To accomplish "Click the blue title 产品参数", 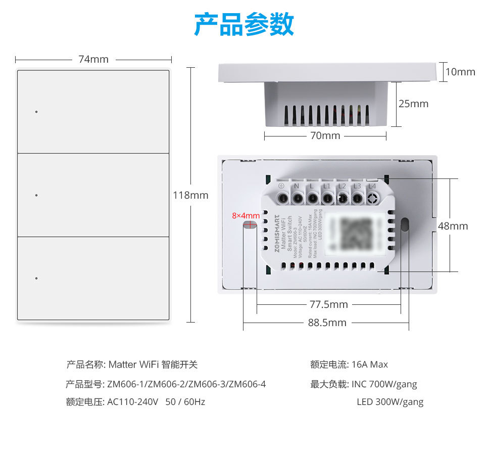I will tap(244, 24).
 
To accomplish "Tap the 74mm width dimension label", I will tap(93, 59).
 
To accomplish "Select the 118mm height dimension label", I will tap(190, 195).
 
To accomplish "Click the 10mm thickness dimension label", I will tap(460, 72).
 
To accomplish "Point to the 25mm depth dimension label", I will tap(413, 104).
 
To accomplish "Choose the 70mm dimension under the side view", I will tap(325, 135).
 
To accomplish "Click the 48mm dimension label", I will tap(453, 226).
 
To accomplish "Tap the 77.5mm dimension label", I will tap(328, 304).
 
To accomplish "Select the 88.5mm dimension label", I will tap(327, 323).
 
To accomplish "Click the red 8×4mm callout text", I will tap(246, 216).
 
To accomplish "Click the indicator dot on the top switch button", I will tap(36, 112).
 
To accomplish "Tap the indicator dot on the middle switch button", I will tap(36, 195).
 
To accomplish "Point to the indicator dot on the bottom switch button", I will tap(36, 279).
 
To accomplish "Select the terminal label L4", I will tap(372, 186).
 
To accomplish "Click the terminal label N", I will tap(297, 186).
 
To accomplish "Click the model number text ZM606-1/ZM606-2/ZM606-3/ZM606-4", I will tap(186, 384).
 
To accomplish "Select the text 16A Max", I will tap(370, 365).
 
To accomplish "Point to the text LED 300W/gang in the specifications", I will tap(390, 402).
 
